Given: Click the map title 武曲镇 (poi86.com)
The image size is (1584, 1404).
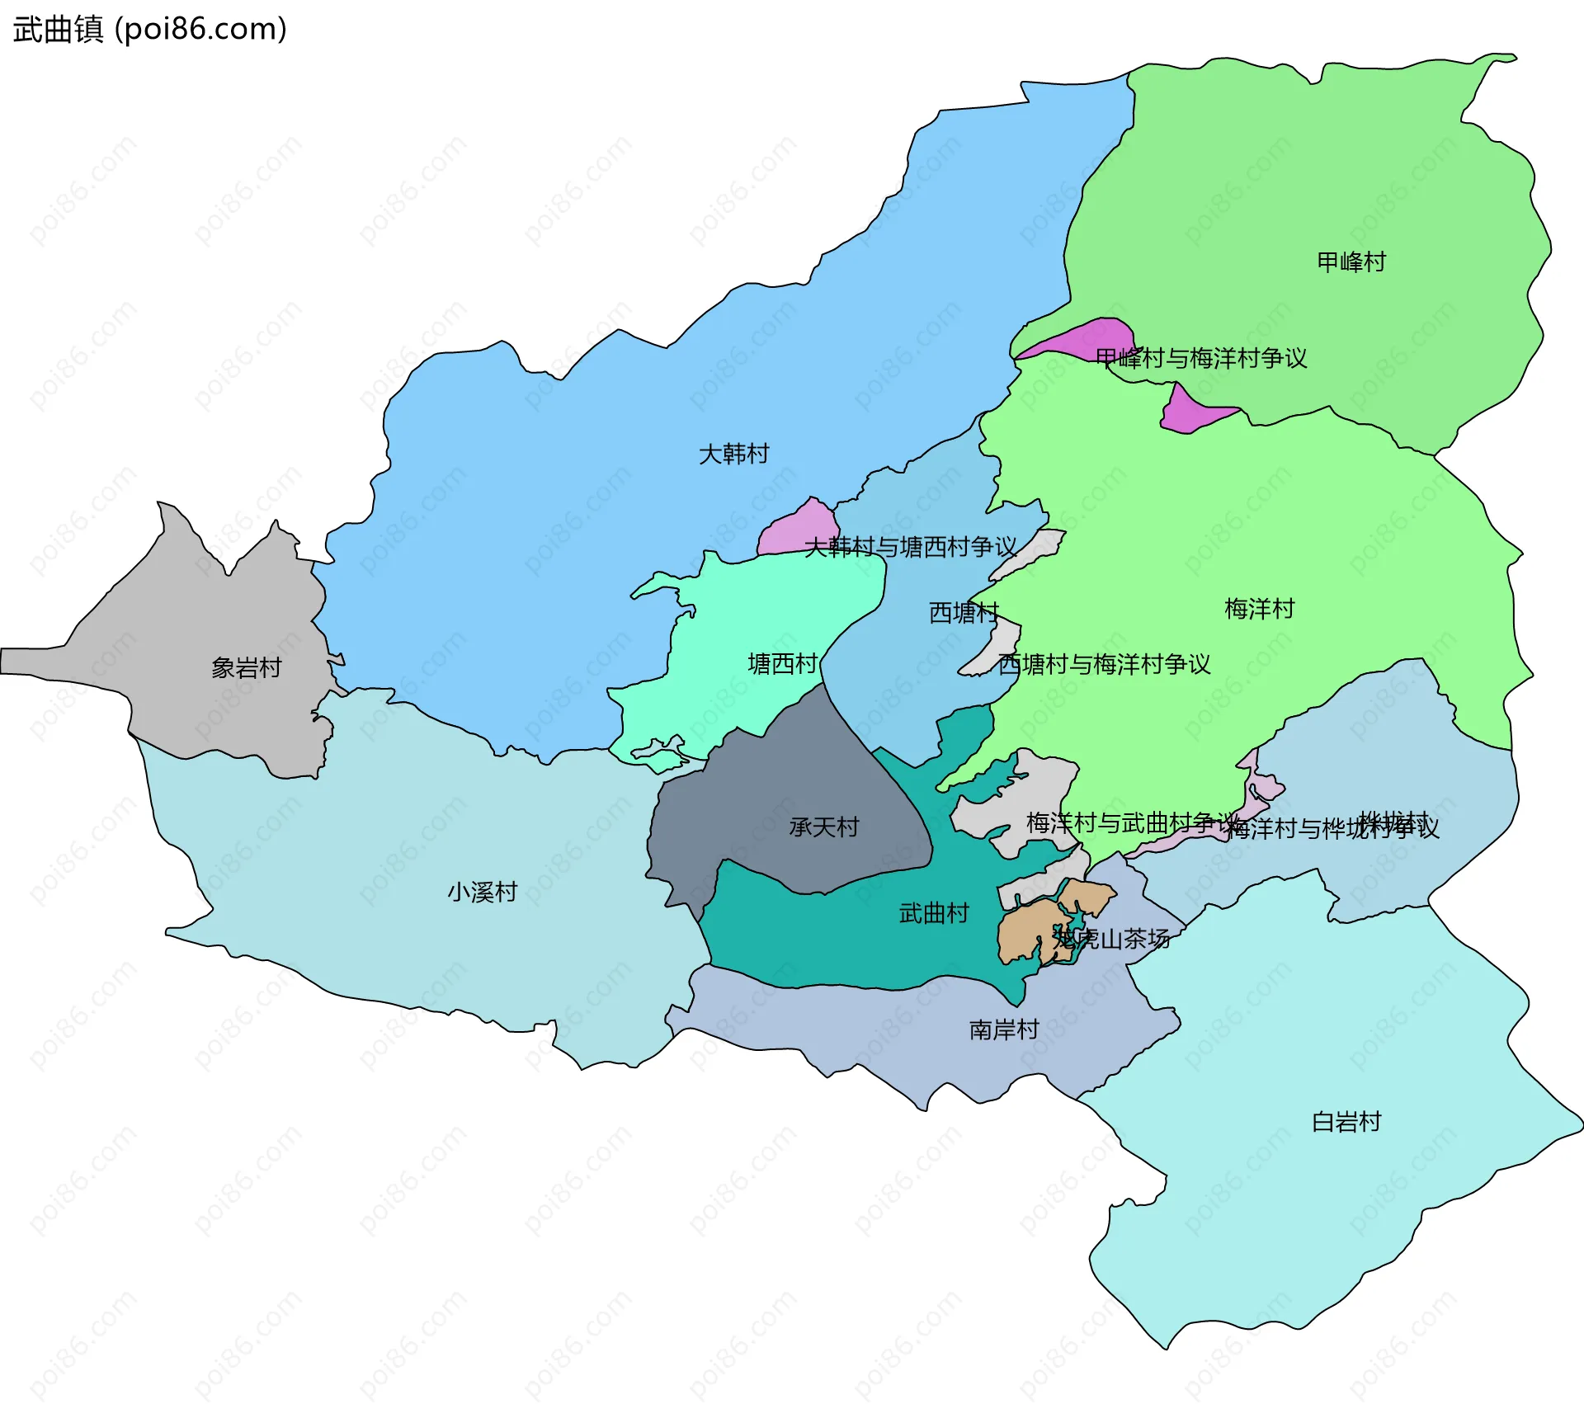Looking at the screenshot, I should [x=149, y=29].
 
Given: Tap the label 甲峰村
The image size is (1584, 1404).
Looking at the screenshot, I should [x=1351, y=262].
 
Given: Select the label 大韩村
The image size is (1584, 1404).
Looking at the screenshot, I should [x=733, y=454].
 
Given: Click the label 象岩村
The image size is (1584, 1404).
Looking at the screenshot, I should [x=246, y=667].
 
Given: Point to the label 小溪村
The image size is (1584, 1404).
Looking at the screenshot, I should [x=482, y=892].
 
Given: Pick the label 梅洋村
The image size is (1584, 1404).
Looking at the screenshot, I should [x=1259, y=609].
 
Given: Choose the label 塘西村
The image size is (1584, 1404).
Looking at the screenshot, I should [x=782, y=663].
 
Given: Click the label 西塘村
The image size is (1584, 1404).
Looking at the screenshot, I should [x=963, y=612].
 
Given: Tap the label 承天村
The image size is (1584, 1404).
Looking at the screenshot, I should [x=823, y=827].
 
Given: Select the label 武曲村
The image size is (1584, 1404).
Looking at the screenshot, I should [x=933, y=913].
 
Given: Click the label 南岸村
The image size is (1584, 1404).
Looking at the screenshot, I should [x=1003, y=1029].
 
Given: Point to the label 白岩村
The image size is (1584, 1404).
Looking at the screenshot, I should [x=1346, y=1122].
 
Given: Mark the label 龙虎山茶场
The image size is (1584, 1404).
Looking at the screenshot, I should [x=1111, y=939].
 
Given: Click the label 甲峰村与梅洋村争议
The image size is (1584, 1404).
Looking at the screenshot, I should [x=1201, y=358].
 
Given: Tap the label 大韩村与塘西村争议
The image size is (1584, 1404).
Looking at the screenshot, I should [x=910, y=547].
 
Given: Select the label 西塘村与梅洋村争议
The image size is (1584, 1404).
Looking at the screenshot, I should [x=1104, y=664].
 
